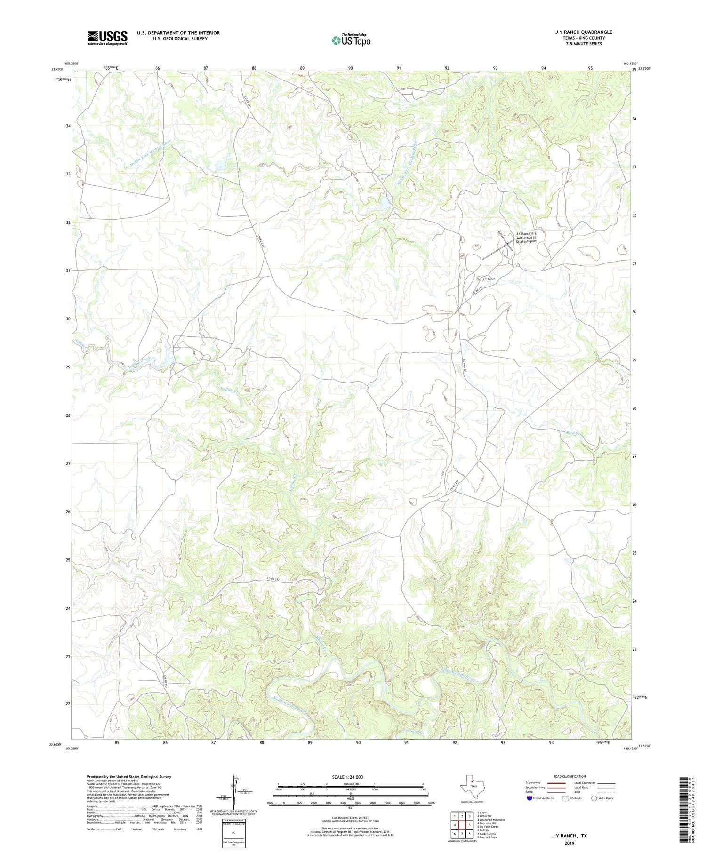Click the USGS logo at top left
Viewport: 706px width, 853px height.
[107, 38]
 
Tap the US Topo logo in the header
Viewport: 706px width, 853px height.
[351, 40]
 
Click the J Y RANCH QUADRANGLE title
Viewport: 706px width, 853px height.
[583, 32]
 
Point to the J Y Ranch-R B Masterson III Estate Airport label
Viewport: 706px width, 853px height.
[526, 238]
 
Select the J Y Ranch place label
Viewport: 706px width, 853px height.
[489, 279]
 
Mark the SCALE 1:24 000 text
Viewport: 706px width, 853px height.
[347, 777]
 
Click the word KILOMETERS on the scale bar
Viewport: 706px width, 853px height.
[351, 784]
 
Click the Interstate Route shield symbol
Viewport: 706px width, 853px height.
[530, 798]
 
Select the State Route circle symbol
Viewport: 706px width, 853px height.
[594, 798]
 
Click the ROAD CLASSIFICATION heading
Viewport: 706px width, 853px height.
[569, 776]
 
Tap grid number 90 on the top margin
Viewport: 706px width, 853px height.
[351, 68]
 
